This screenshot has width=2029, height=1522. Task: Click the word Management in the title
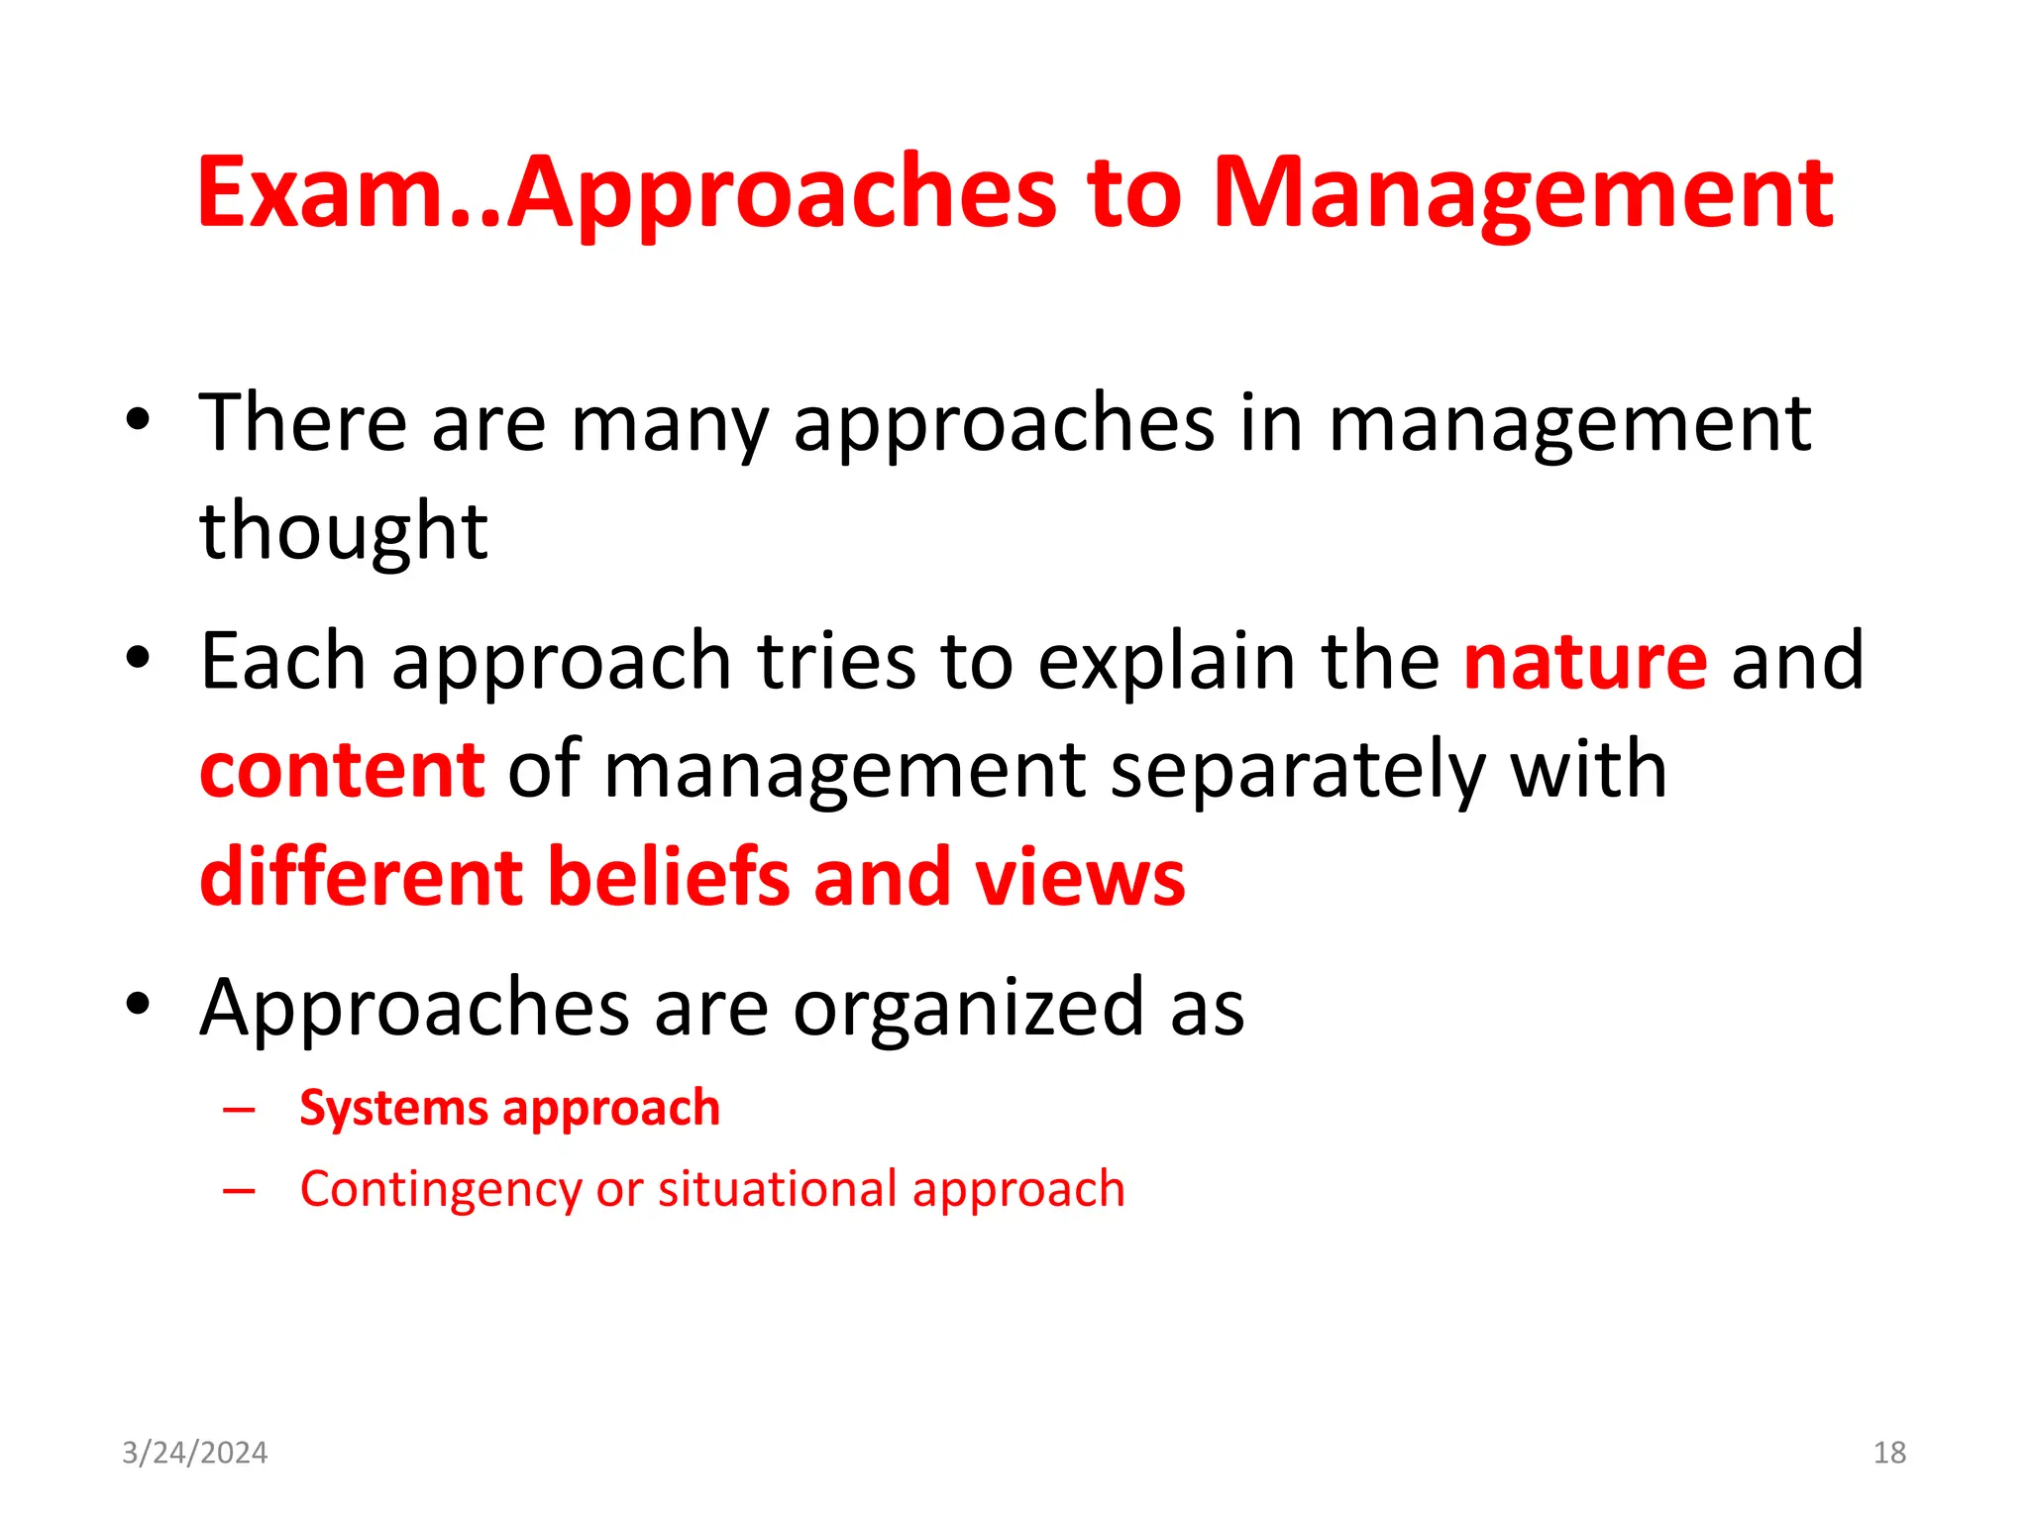pyautogui.click(x=1522, y=194)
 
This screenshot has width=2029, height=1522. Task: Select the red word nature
pyautogui.click(x=1585, y=661)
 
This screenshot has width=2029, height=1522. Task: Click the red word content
pyautogui.click(x=342, y=770)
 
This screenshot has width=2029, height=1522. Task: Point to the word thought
pyautogui.click(x=343, y=531)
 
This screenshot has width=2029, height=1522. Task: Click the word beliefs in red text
pyautogui.click(x=669, y=877)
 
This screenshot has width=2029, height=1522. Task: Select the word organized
pyautogui.click(x=969, y=1008)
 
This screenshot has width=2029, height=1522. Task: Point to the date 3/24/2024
pyautogui.click(x=194, y=1453)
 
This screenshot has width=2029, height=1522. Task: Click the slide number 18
pyautogui.click(x=1889, y=1453)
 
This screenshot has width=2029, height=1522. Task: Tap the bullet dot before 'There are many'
pyautogui.click(x=138, y=419)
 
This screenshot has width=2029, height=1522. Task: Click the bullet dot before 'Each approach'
pyautogui.click(x=138, y=657)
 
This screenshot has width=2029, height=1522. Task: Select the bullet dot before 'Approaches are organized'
pyautogui.click(x=138, y=1004)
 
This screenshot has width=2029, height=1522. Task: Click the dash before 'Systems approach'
pyautogui.click(x=239, y=1110)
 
